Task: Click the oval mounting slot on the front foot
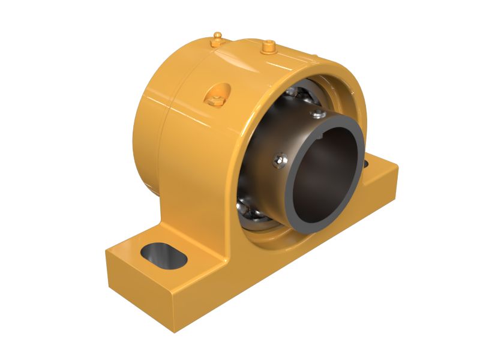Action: [x=164, y=254]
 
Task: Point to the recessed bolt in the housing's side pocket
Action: [x=216, y=97]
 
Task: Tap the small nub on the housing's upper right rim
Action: [x=313, y=57]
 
